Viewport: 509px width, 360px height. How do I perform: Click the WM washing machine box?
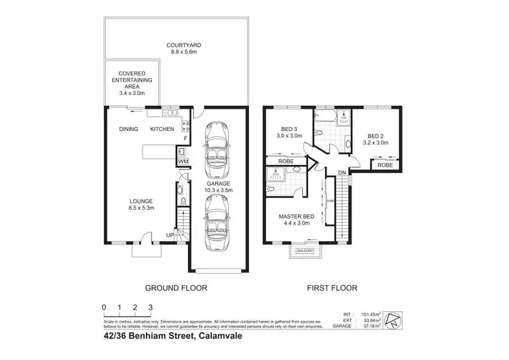point(182,162)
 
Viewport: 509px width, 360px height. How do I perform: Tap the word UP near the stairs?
point(171,236)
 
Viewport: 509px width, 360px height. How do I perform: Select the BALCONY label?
point(304,252)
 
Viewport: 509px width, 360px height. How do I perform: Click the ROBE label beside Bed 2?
point(385,165)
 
